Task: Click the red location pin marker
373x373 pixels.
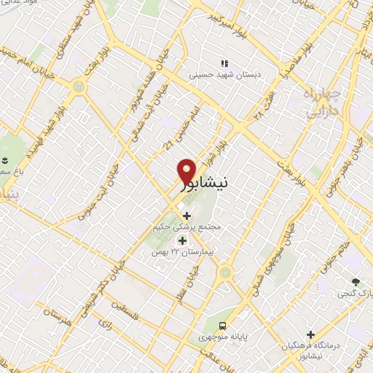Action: pos(187,173)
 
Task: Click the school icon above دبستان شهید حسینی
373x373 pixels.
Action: pos(225,63)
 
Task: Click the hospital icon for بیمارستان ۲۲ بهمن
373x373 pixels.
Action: pos(182,240)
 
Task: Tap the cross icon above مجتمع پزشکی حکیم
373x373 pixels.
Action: pos(187,216)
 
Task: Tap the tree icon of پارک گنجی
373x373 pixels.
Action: pos(356,282)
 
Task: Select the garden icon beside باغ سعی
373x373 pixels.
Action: pos(6,160)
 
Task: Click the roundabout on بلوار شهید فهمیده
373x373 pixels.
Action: pos(78,87)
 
